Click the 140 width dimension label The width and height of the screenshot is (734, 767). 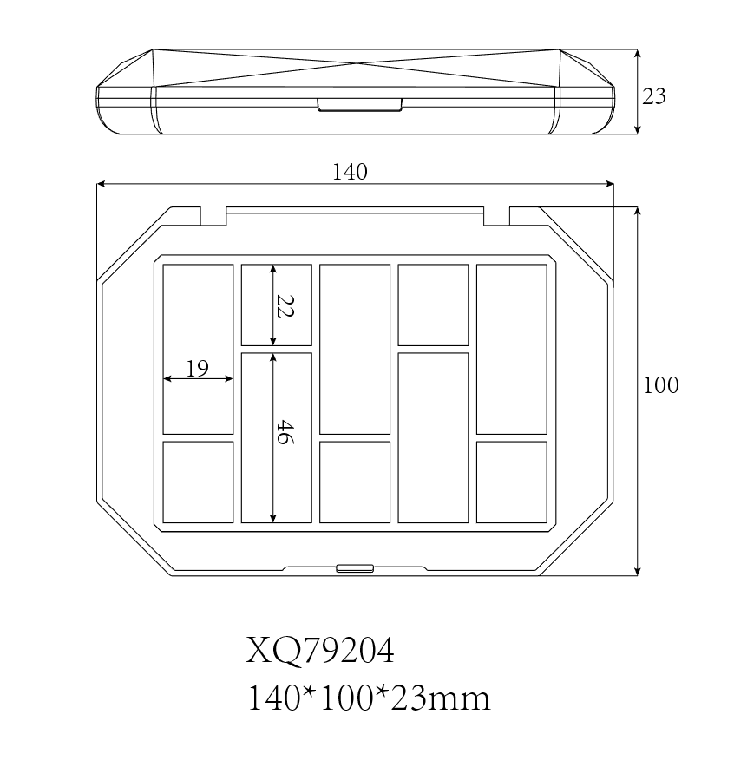(x=350, y=172)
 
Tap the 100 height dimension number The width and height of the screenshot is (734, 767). (x=660, y=385)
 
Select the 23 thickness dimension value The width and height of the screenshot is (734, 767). (x=654, y=96)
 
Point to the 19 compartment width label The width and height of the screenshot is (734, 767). (x=198, y=369)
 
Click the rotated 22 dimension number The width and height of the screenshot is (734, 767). (x=285, y=306)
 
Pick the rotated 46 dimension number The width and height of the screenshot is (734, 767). (x=285, y=432)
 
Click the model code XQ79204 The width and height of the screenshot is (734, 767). (x=320, y=651)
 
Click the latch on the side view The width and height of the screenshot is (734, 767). (x=360, y=105)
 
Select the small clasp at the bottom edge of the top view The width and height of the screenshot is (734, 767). (x=355, y=568)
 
